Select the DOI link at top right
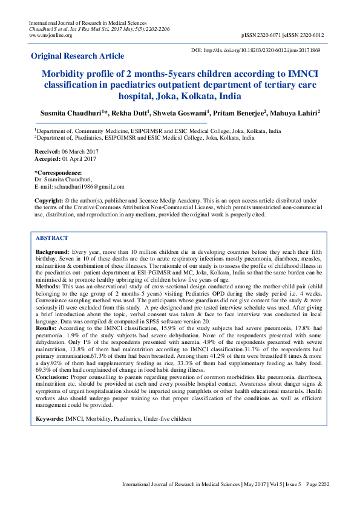click(263, 51)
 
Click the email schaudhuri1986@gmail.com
click(88, 187)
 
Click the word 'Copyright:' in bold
click(48, 200)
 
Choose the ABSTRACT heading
click(52, 238)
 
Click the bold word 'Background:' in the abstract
click(52, 251)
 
